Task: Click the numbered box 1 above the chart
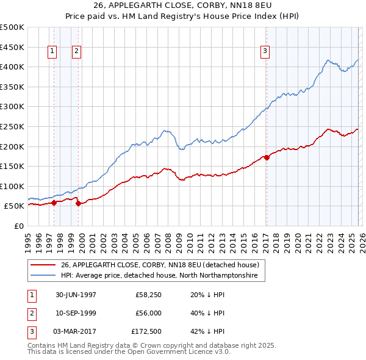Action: (x=52, y=52)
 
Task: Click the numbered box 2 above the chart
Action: (x=76, y=52)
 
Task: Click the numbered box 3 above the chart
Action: (x=265, y=52)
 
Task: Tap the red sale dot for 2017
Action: (x=267, y=157)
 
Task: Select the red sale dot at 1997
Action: (x=54, y=203)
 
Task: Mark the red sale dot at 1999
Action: (x=78, y=204)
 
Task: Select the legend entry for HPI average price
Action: (x=159, y=276)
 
